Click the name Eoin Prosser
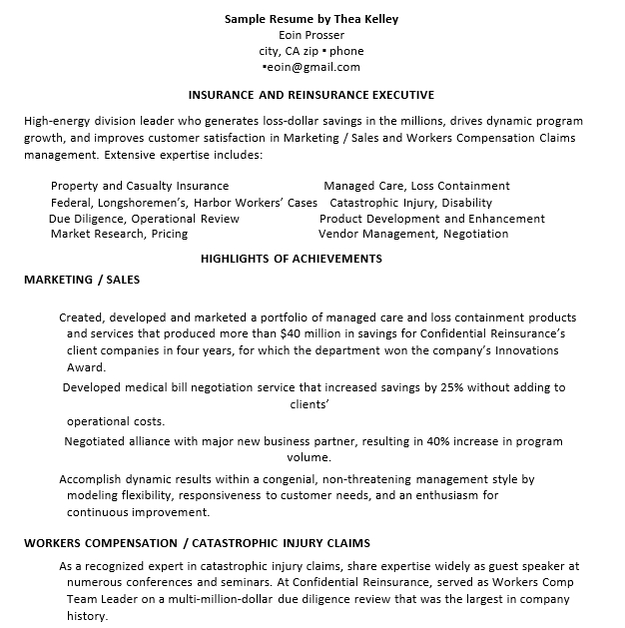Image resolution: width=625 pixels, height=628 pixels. (312, 35)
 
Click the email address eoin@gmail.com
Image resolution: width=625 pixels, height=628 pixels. (312, 67)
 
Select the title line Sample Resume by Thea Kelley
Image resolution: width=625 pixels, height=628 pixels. (312, 19)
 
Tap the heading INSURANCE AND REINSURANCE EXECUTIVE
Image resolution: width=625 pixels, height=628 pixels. (312, 96)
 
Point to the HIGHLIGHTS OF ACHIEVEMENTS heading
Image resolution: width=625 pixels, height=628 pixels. (292, 259)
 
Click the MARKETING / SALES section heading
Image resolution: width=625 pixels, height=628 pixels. (82, 280)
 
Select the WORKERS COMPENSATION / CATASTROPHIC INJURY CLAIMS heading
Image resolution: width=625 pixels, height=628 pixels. (197, 543)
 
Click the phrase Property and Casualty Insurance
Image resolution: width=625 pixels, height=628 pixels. (140, 186)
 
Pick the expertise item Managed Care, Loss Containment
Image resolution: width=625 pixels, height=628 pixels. (416, 186)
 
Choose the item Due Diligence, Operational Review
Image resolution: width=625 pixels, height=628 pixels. (144, 219)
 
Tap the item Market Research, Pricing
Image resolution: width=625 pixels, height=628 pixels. (119, 235)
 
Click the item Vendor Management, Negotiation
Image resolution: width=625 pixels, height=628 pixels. (413, 235)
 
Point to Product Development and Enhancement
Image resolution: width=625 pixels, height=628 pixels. (432, 219)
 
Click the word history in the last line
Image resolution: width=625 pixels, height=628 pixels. (86, 617)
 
